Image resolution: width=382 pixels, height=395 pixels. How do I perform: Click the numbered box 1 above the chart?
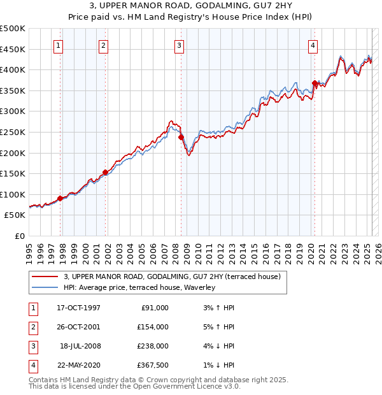[x=58, y=45]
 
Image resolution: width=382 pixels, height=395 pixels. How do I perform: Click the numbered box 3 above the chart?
[x=179, y=45]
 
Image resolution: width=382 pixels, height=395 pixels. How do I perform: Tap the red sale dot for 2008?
[x=181, y=137]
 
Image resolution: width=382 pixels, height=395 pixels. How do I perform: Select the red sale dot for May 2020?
[x=315, y=83]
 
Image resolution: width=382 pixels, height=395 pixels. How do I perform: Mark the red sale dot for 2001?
[x=106, y=172]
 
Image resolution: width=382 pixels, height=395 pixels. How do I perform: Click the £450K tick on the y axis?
[x=13, y=49]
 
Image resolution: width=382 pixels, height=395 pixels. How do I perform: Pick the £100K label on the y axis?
[x=13, y=194]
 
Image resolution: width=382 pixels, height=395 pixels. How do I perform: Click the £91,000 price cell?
[x=155, y=308]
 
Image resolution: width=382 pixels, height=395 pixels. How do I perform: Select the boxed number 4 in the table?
[x=31, y=365]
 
